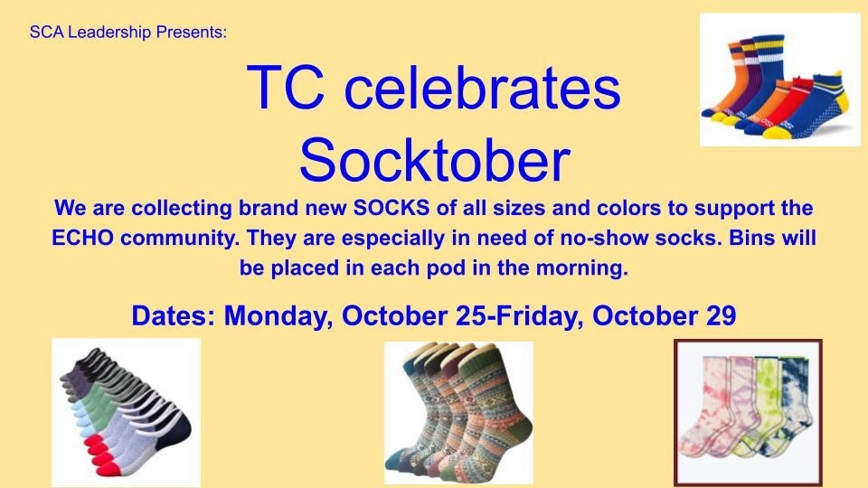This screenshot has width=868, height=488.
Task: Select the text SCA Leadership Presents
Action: (127, 33)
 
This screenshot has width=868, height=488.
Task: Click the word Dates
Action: (174, 316)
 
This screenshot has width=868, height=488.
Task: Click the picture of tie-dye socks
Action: (748, 411)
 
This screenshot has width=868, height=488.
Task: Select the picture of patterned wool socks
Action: (458, 412)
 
